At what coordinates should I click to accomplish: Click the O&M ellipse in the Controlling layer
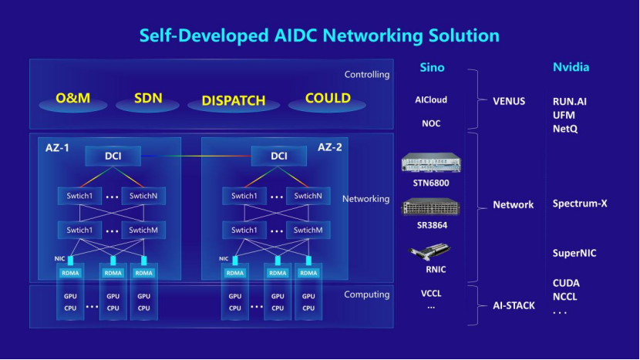click(x=73, y=100)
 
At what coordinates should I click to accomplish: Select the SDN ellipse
click(x=147, y=100)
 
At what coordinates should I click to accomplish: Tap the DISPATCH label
click(x=233, y=101)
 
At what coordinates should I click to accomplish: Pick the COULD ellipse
click(x=327, y=99)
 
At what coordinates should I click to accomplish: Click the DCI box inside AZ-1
click(x=113, y=156)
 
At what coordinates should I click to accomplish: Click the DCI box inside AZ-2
click(x=279, y=156)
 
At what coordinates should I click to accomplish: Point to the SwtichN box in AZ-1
click(x=143, y=196)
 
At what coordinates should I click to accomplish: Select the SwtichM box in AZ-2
click(x=307, y=230)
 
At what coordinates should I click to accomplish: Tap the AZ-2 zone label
click(x=329, y=146)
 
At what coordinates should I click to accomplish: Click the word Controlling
click(x=366, y=75)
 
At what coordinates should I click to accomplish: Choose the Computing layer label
click(x=366, y=294)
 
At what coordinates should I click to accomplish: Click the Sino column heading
click(x=432, y=67)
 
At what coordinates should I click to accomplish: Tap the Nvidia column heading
click(x=571, y=67)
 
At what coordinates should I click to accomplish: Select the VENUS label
click(x=509, y=101)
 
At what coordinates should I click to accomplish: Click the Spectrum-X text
click(x=580, y=204)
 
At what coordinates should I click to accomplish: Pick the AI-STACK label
click(x=514, y=306)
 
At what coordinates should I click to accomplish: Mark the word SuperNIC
click(x=574, y=253)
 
